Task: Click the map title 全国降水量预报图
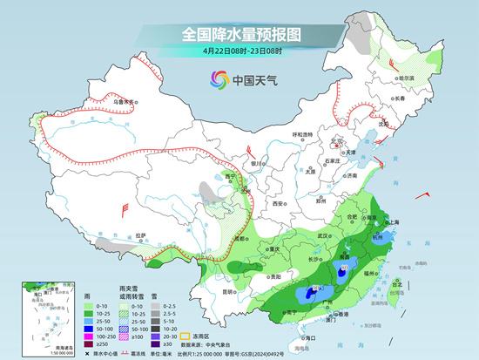coord(239,35)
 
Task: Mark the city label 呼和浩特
coord(302,134)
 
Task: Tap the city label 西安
coord(278,202)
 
